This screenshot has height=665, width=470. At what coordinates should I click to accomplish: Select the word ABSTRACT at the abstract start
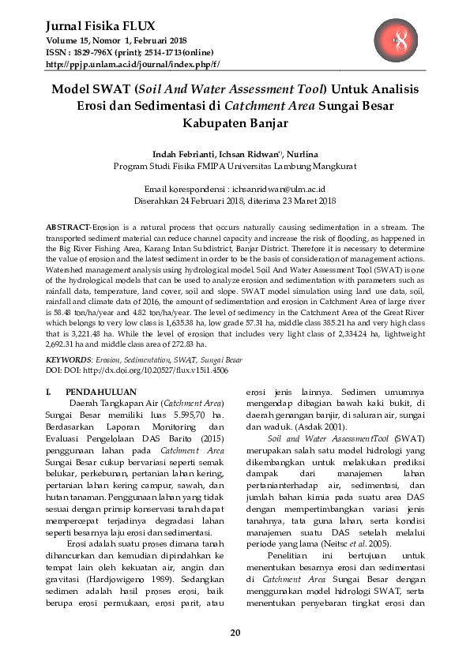69,226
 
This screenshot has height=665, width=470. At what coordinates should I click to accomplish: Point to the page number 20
235,632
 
